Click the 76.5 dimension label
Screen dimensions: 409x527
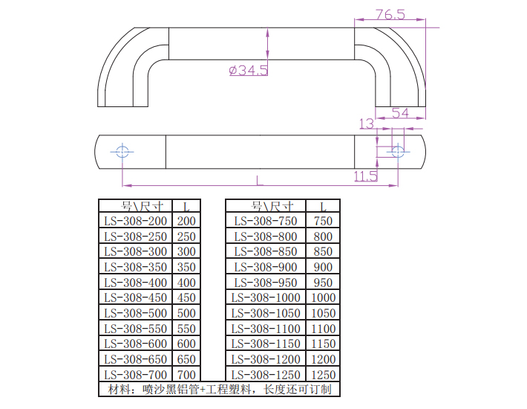tap(390, 14)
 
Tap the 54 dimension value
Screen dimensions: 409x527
tap(400, 113)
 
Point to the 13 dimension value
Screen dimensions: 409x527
tap(366, 123)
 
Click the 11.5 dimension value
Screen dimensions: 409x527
tap(365, 176)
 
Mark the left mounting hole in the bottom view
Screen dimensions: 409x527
tap(123, 152)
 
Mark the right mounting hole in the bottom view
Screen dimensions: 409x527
tap(397, 152)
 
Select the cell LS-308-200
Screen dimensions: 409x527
tap(136, 221)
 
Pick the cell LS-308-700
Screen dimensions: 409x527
tap(136, 375)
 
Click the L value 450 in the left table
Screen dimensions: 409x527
tap(186, 298)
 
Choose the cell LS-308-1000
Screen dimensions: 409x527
tap(265, 298)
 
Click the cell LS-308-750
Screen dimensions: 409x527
tap(265, 221)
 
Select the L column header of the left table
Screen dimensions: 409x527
tap(186, 206)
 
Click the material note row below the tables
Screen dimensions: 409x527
tap(219, 389)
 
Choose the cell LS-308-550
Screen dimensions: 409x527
tap(136, 329)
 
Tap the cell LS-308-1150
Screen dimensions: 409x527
tap(265, 344)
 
